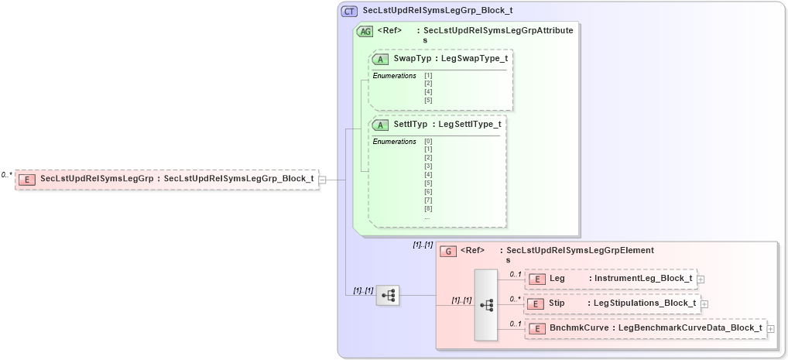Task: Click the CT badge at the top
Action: (x=349, y=12)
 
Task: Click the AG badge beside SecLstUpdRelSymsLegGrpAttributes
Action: (x=365, y=32)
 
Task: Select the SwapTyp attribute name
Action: (x=412, y=59)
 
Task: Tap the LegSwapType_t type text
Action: (x=473, y=59)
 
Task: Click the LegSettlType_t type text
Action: (x=469, y=124)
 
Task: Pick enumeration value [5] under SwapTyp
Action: (x=428, y=100)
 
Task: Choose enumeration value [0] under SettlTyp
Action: (x=428, y=141)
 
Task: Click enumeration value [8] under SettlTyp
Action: (x=428, y=208)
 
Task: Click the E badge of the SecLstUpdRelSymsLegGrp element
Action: (x=27, y=180)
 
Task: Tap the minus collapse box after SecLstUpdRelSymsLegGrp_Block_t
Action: (x=322, y=180)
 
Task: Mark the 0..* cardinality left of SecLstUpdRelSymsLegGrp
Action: (x=7, y=175)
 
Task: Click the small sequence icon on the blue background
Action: (x=387, y=295)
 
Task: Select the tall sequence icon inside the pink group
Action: (x=486, y=305)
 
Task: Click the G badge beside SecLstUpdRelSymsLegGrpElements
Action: (x=447, y=251)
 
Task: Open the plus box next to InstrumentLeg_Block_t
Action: (x=701, y=279)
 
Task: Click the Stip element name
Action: (x=557, y=303)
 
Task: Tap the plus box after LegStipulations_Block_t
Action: (x=704, y=304)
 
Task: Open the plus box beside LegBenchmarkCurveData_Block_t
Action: (x=771, y=329)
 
